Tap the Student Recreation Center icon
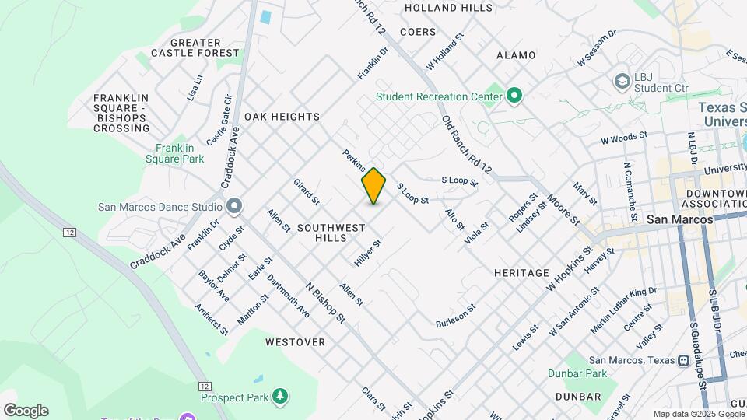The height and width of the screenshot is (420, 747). pyautogui.click(x=514, y=96)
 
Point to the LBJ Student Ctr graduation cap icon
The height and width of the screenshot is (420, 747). pyautogui.click(x=622, y=81)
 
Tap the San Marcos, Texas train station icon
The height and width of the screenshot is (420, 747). pyautogui.click(x=683, y=359)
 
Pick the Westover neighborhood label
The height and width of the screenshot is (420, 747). pyautogui.click(x=295, y=342)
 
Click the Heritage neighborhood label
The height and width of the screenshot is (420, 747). pyautogui.click(x=521, y=273)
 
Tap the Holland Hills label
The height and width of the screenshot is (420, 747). pyautogui.click(x=449, y=8)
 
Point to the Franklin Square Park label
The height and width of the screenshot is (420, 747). pyautogui.click(x=180, y=153)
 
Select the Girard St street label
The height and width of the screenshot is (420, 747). pyautogui.click(x=307, y=191)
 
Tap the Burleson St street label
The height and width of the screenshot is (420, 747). pyautogui.click(x=455, y=317)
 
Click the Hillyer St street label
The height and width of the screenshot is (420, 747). pyautogui.click(x=368, y=254)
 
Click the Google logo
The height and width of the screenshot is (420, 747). pyautogui.click(x=26, y=411)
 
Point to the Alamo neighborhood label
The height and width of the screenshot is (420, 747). pyautogui.click(x=516, y=55)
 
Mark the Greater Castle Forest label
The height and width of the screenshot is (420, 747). pyautogui.click(x=195, y=47)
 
